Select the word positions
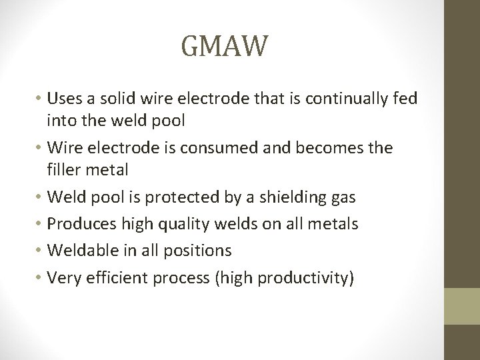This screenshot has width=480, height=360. tap(197, 251)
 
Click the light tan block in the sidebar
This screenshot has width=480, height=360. tap(462, 306)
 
